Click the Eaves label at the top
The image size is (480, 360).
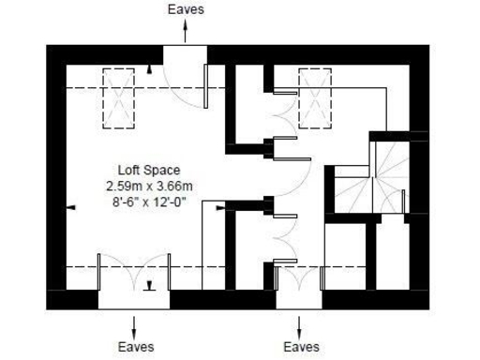click(x=185, y=9)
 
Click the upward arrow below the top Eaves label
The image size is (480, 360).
click(x=185, y=30)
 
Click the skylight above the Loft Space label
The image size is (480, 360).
click(x=118, y=97)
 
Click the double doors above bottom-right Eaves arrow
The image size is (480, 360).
click(x=299, y=277)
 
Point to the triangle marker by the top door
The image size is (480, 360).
click(x=152, y=69)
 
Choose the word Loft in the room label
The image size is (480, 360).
click(x=128, y=171)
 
